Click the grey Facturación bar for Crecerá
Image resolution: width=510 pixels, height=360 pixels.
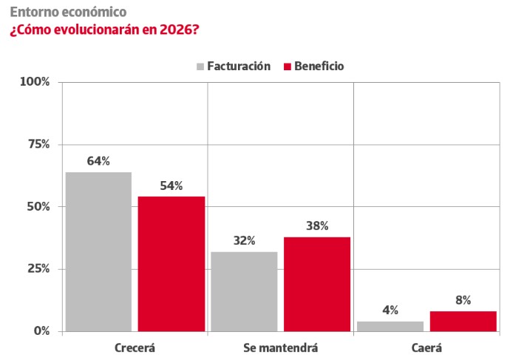click(x=98, y=251)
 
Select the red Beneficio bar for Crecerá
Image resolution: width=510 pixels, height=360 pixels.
click(x=171, y=264)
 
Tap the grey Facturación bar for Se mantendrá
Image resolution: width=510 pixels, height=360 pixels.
click(x=244, y=291)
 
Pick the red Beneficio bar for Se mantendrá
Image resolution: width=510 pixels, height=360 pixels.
click(x=317, y=284)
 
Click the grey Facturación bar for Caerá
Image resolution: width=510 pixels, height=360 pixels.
click(x=390, y=326)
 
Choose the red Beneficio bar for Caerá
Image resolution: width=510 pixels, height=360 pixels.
click(x=463, y=322)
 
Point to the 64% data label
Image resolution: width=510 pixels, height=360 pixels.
click(x=98, y=161)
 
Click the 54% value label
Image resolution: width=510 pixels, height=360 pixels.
click(x=171, y=186)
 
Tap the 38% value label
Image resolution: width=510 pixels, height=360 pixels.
click(x=317, y=226)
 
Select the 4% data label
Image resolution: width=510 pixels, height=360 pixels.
click(x=390, y=310)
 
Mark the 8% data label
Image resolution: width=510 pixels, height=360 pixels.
click(x=463, y=300)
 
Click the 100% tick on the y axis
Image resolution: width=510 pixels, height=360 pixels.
click(x=35, y=81)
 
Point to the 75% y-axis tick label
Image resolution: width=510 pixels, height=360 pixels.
click(x=38, y=144)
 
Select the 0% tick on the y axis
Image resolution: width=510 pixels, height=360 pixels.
click(x=41, y=331)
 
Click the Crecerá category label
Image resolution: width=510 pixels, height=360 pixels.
click(x=135, y=347)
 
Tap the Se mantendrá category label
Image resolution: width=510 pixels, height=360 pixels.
click(x=281, y=347)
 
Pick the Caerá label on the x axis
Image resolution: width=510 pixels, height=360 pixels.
click(x=426, y=347)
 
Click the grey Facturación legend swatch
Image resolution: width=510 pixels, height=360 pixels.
click(x=200, y=67)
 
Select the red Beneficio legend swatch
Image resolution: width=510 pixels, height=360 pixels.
click(x=287, y=67)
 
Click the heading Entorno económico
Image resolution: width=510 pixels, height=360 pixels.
click(x=67, y=13)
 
